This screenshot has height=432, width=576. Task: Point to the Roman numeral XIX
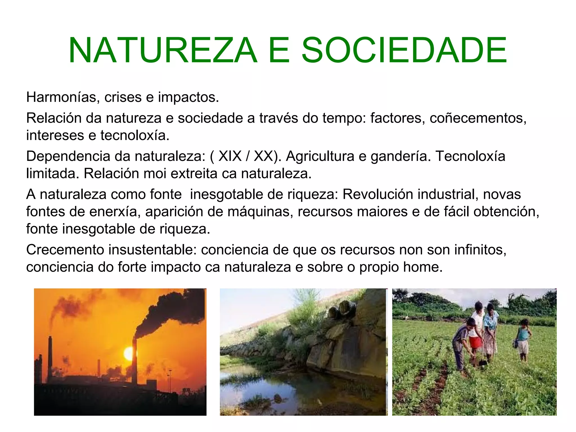click(x=230, y=156)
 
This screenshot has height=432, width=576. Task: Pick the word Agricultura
click(x=320, y=156)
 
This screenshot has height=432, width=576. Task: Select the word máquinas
click(x=260, y=212)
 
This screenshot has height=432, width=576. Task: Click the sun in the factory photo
click(x=129, y=353)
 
